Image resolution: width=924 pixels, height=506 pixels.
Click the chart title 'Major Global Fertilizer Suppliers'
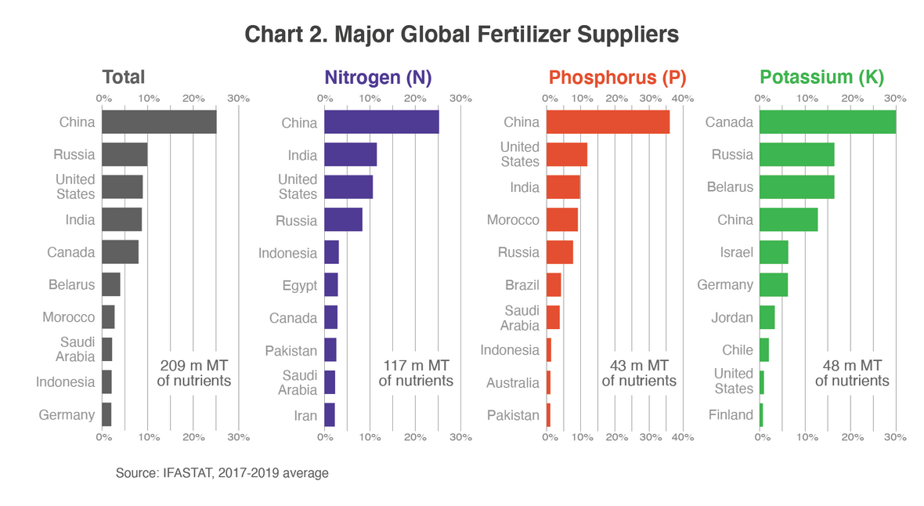pos(461,35)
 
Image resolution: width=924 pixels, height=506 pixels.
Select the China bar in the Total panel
pos(159,122)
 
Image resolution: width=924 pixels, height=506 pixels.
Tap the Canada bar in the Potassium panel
pos(827,122)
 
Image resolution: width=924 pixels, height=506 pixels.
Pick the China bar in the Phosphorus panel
pos(608,122)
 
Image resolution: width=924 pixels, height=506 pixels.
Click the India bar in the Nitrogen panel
pos(350,155)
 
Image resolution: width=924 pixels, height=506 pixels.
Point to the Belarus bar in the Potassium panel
pos(796,187)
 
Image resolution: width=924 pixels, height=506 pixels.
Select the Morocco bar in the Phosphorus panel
pos(562,220)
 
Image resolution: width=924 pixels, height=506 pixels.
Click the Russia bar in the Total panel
pos(125,155)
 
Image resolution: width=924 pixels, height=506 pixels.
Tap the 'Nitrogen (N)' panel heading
pos(378,78)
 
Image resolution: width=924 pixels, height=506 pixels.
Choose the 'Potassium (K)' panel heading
pos(821,78)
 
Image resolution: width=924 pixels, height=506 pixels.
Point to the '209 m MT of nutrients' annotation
pos(194,374)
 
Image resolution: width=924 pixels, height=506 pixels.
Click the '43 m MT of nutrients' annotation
pos(639,374)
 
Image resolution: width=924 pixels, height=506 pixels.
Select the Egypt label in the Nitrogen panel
pos(300,285)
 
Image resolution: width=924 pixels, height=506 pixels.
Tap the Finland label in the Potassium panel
pos(731,415)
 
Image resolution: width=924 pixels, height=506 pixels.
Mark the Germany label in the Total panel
pos(67,415)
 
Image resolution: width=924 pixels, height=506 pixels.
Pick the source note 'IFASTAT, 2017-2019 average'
pos(222,473)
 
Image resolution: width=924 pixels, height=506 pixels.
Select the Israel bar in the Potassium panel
pos(774,252)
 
